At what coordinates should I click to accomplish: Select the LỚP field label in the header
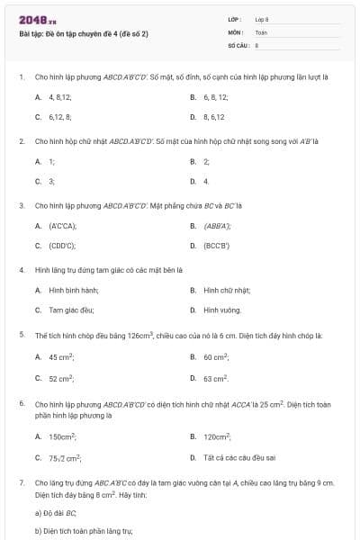(234, 19)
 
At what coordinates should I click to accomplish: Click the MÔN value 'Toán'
(261, 31)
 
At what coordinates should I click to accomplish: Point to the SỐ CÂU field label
(238, 44)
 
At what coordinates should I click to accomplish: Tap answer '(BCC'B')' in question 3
(217, 245)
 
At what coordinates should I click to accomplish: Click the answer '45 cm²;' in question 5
(61, 356)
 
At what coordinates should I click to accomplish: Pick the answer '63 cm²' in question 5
(216, 378)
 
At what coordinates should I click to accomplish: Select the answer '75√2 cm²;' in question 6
(66, 457)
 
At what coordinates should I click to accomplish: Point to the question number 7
(21, 482)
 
